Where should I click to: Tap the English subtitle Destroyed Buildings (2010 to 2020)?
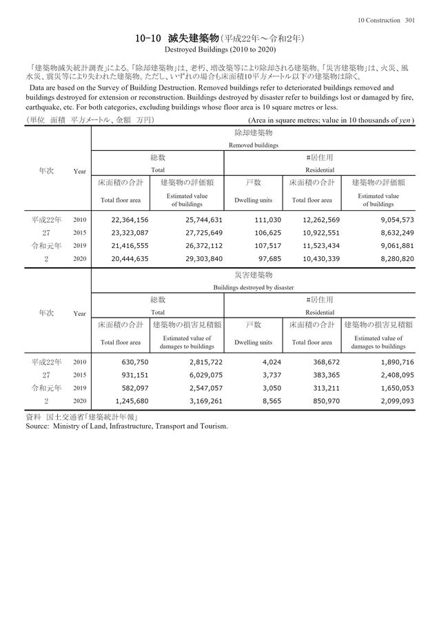click(x=220, y=50)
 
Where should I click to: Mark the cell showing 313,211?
click(x=324, y=387)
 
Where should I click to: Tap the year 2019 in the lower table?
click(x=79, y=387)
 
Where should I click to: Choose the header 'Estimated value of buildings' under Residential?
click(x=378, y=200)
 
